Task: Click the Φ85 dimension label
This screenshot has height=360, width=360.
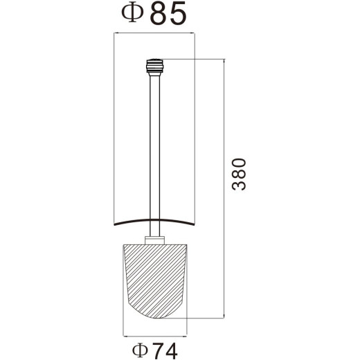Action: tap(154, 13)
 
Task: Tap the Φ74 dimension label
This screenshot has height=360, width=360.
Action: tap(155, 350)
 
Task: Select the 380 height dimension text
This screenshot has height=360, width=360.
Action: tap(239, 174)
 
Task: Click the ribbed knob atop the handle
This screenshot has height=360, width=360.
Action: tap(154, 67)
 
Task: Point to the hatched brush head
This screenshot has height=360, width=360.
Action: tap(155, 281)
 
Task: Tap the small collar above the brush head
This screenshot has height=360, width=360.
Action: tap(154, 240)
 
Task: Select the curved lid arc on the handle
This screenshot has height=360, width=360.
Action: tap(155, 219)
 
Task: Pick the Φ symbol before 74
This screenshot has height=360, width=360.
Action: tap(140, 350)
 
